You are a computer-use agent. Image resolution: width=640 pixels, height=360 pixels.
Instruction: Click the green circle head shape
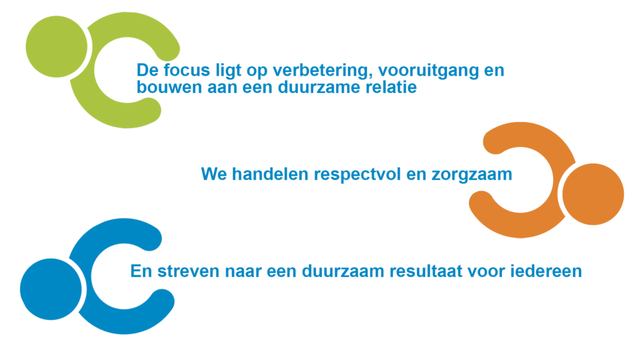pos(56,46)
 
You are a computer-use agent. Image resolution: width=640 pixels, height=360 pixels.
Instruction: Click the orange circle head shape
pos(593,194)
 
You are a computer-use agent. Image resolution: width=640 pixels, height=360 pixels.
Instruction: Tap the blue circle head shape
pos(51,289)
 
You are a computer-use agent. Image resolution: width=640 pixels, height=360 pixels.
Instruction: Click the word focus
pos(186,70)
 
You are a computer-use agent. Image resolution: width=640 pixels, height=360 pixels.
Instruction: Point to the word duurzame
pos(317,87)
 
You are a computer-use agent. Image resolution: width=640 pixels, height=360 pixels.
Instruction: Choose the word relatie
pos(389,87)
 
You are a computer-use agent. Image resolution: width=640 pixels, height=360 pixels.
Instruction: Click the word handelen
pos(271,174)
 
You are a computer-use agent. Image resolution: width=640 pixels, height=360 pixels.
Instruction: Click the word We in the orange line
pos(214,174)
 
